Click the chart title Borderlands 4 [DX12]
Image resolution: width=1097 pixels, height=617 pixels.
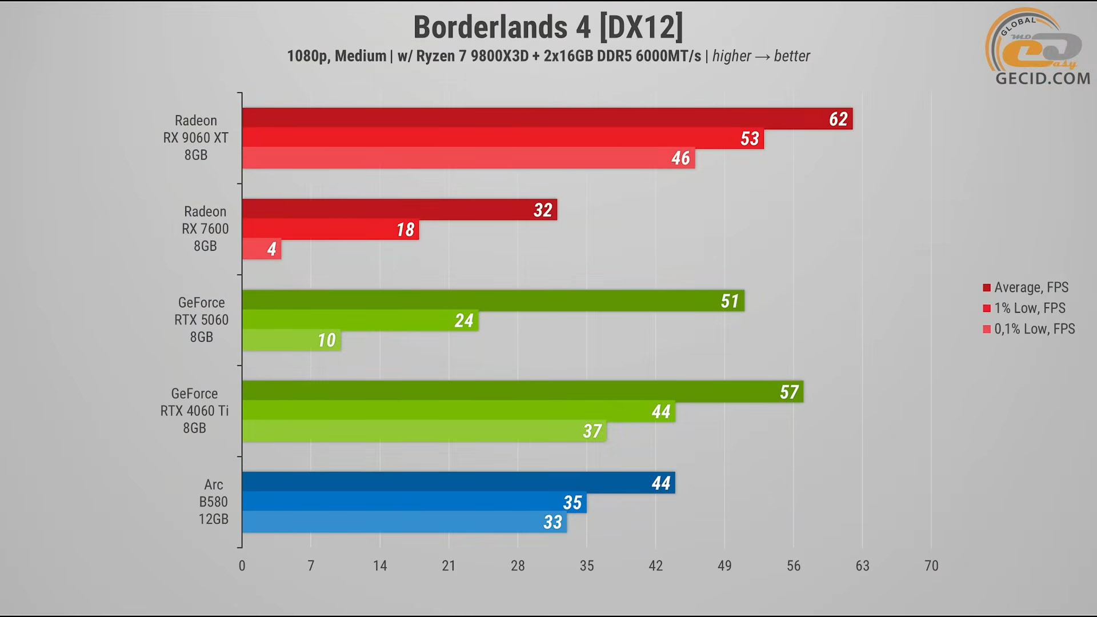pos(548,27)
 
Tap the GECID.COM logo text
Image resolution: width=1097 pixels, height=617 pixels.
pos(1043,78)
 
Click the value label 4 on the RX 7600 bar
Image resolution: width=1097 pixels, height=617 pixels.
pos(272,249)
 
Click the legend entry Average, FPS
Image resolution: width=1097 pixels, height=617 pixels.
pos(1031,287)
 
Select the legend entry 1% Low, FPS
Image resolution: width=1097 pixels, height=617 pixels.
pos(1029,308)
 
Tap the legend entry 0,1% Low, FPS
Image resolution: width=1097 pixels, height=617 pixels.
pos(1034,329)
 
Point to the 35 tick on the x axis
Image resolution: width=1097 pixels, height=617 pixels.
pos(587,566)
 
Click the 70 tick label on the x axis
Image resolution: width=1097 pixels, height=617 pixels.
pos(931,566)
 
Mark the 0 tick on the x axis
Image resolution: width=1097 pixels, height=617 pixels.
pos(242,566)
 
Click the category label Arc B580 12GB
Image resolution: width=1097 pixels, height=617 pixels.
pos(213,502)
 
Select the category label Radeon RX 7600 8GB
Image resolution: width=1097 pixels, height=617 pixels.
pos(205,229)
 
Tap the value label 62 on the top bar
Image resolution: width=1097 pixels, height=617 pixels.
pos(838,119)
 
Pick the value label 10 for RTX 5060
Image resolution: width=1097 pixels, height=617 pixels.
pos(327,340)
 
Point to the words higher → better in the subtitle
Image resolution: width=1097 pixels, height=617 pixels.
pos(761,56)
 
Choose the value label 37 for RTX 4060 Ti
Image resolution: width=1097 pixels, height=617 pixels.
pos(592,431)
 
